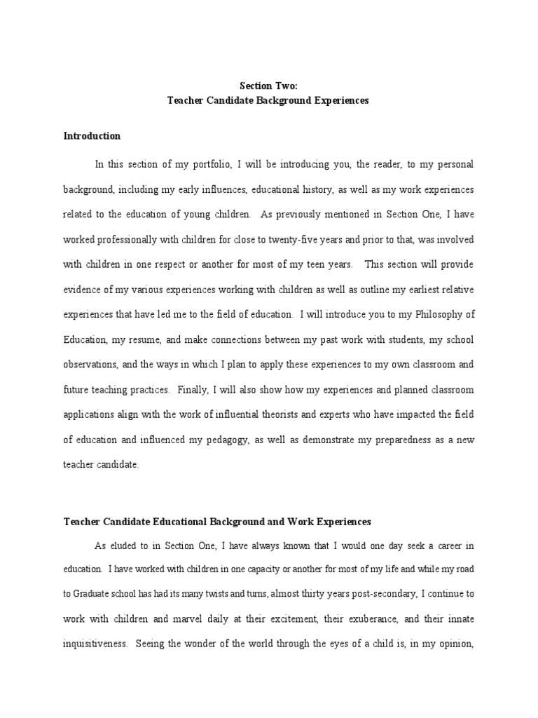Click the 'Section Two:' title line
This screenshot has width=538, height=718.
[x=268, y=86]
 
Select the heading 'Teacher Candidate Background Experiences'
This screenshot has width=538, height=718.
[x=268, y=100]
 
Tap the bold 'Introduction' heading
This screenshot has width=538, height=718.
[x=92, y=136]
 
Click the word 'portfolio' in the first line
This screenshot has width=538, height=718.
[x=207, y=164]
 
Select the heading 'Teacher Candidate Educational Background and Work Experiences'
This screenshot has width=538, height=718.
[x=217, y=522]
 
